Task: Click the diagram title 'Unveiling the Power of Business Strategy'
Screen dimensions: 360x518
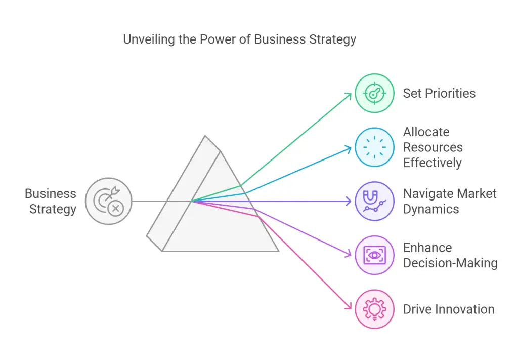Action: pos(239,39)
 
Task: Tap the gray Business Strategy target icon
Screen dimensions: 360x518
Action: pos(108,201)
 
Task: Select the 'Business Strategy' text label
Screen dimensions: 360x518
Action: pos(51,201)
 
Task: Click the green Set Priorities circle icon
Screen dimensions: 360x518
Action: pos(374,93)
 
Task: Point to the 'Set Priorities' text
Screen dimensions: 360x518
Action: pos(439,93)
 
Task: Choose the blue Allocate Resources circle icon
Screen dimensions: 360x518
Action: pos(374,147)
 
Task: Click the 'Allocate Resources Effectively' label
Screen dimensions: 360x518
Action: pos(433,147)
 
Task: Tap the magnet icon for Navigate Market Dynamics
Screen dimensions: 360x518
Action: pos(374,201)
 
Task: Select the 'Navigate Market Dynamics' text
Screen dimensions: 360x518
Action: pos(450,201)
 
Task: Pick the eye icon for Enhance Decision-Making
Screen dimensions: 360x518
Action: pos(374,255)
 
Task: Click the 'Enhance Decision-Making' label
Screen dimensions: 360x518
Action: pos(450,255)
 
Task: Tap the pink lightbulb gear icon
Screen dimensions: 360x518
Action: pos(374,309)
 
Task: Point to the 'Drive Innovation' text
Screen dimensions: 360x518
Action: pos(449,309)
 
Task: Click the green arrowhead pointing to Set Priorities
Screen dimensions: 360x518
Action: pos(349,95)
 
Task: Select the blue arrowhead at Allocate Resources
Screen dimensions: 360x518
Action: pos(349,148)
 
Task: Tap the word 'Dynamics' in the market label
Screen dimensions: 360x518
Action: pos(431,209)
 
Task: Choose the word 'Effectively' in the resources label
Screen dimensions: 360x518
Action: pos(433,163)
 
